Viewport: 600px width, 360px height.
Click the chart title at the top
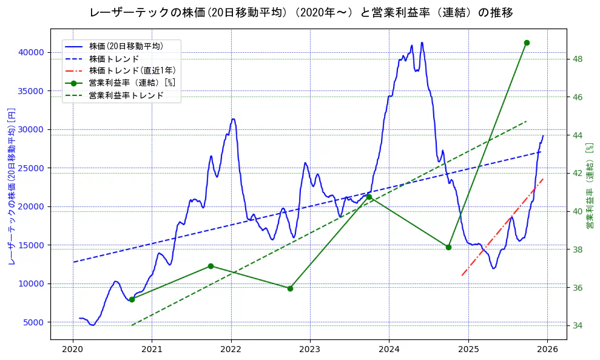click(x=301, y=13)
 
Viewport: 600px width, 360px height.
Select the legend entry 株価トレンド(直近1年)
click(x=132, y=70)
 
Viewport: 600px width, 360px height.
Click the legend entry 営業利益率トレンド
click(x=126, y=95)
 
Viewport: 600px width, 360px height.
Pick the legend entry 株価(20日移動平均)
click(x=126, y=46)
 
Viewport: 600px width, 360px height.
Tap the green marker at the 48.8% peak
click(x=527, y=42)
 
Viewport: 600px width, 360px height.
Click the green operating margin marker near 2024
click(x=369, y=197)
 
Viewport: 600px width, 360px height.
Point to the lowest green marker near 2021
click(x=132, y=299)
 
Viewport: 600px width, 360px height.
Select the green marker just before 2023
click(x=290, y=288)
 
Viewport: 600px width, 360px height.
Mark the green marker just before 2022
click(x=211, y=266)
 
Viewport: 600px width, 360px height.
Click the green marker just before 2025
click(x=448, y=247)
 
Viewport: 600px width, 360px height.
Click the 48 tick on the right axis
click(x=578, y=59)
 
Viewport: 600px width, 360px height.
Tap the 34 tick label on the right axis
click(x=578, y=326)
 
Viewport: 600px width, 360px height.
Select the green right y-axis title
click(x=589, y=186)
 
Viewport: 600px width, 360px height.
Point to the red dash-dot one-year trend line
click(x=504, y=225)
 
